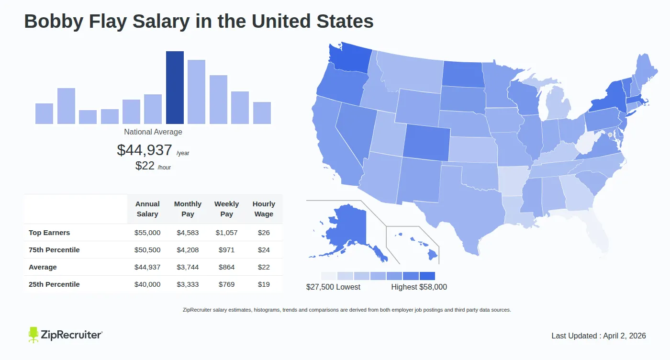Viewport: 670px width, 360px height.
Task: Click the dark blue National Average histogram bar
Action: [175, 88]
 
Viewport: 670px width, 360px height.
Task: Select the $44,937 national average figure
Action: [145, 150]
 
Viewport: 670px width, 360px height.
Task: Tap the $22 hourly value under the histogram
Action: [145, 166]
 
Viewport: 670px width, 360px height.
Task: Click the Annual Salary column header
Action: [147, 209]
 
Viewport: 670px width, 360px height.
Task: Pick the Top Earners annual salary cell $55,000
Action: [147, 233]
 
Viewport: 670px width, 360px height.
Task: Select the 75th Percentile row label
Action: [54, 250]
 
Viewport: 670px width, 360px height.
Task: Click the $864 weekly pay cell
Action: [226, 267]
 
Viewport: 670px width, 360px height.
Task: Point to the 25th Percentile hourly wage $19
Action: [264, 284]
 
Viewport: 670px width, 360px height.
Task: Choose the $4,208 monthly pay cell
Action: [188, 250]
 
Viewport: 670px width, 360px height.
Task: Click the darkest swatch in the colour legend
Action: [427, 276]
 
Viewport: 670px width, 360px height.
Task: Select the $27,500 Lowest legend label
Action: [333, 287]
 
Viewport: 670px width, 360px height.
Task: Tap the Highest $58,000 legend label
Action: [419, 287]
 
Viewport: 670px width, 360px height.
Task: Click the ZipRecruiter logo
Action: [65, 335]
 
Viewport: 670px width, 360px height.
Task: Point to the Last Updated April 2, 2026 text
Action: [598, 336]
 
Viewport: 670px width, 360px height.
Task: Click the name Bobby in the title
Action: [53, 22]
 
